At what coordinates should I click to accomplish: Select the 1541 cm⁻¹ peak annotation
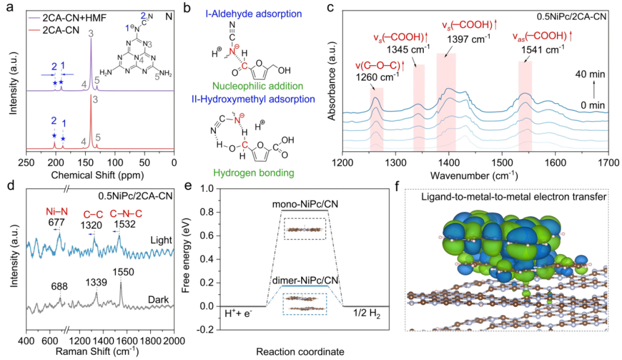pos(543,49)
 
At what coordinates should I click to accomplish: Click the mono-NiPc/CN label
pos(305,204)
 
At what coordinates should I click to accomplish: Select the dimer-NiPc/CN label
pos(305,280)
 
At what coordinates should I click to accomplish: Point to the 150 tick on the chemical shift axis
pos(85,162)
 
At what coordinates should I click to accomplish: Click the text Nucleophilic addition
pos(258,86)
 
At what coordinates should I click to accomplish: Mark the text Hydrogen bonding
pos(254,173)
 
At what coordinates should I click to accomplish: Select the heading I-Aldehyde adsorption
pos(253,13)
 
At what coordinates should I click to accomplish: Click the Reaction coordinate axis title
pos(300,351)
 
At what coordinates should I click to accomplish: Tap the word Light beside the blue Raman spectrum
pos(161,240)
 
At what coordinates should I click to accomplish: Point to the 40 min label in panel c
pos(590,74)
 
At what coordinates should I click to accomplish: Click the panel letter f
pos(399,186)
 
